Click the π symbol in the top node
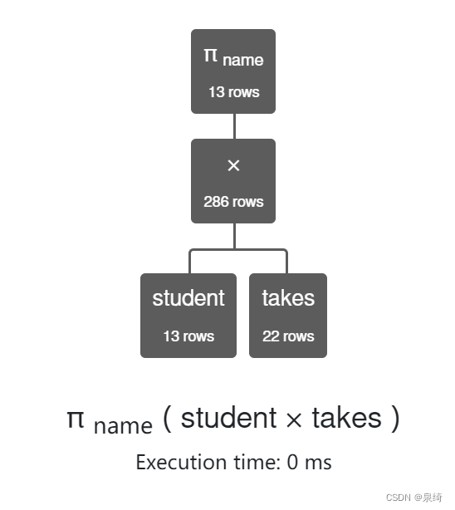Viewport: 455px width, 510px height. (x=211, y=56)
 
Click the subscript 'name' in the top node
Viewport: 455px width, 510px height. (x=242, y=60)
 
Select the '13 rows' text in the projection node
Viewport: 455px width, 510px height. (x=233, y=92)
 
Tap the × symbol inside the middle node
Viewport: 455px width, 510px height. (x=233, y=166)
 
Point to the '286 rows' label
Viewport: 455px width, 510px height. (x=233, y=202)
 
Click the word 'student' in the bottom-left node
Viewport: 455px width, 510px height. (x=188, y=299)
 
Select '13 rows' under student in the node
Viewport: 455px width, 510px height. (x=188, y=336)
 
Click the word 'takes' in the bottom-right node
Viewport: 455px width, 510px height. (x=288, y=299)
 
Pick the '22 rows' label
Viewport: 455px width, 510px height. (x=288, y=336)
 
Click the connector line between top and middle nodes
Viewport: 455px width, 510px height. (x=234, y=125)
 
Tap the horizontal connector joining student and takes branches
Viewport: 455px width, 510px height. (x=238, y=249)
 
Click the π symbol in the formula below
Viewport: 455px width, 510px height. (x=76, y=418)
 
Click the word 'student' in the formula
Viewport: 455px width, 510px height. (x=228, y=418)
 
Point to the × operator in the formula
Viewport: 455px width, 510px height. (x=294, y=419)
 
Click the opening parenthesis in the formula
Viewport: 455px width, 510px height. (x=167, y=418)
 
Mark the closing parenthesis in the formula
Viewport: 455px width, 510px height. (x=394, y=418)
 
